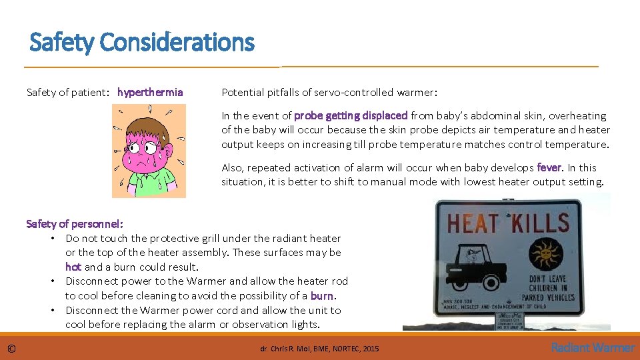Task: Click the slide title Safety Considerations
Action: (x=142, y=43)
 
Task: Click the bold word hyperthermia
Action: (x=150, y=92)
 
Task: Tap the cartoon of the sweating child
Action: (x=149, y=151)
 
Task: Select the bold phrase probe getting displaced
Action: (x=351, y=115)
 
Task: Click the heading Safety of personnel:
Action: (x=75, y=224)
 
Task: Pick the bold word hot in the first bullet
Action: (x=73, y=267)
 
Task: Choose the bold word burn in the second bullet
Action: (x=323, y=295)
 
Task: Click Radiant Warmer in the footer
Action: (x=593, y=347)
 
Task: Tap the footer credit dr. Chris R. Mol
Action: (x=319, y=348)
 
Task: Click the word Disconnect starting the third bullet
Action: (x=92, y=310)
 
